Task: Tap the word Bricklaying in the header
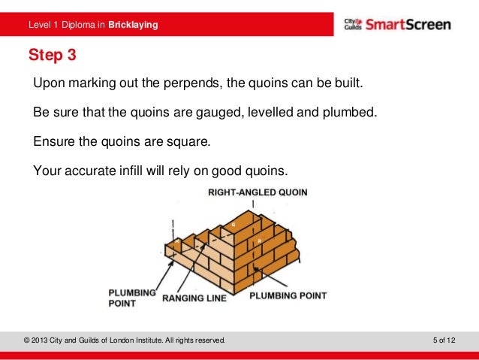point(133,26)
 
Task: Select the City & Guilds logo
point(352,24)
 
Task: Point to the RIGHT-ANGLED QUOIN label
point(258,192)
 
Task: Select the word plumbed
point(342,112)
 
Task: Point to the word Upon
point(49,81)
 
